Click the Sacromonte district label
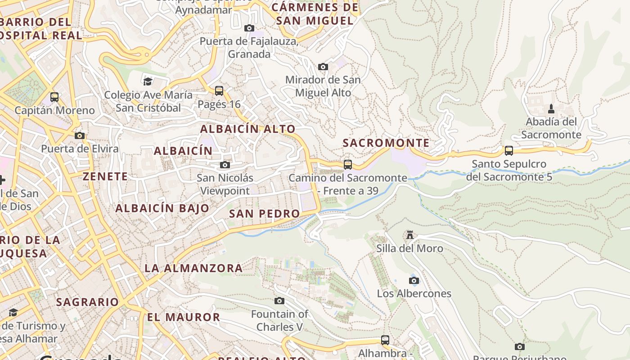click(386, 143)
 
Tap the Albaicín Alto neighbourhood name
click(247, 129)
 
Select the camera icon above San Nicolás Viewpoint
click(225, 165)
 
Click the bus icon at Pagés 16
click(219, 91)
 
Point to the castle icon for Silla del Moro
click(409, 235)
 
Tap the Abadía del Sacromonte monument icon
click(551, 108)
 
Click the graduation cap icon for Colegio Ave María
click(148, 81)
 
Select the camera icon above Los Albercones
click(414, 280)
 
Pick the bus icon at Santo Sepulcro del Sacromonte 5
click(509, 151)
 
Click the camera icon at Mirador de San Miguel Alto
click(323, 67)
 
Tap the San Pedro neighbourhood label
click(265, 214)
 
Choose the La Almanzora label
click(193, 268)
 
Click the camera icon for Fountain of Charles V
click(279, 301)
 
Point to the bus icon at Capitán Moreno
click(54, 97)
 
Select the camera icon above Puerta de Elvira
click(80, 135)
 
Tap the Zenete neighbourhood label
click(105, 176)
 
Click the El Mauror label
click(184, 317)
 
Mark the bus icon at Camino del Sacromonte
click(348, 165)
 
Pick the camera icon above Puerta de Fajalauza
click(249, 28)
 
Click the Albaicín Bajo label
click(162, 208)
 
